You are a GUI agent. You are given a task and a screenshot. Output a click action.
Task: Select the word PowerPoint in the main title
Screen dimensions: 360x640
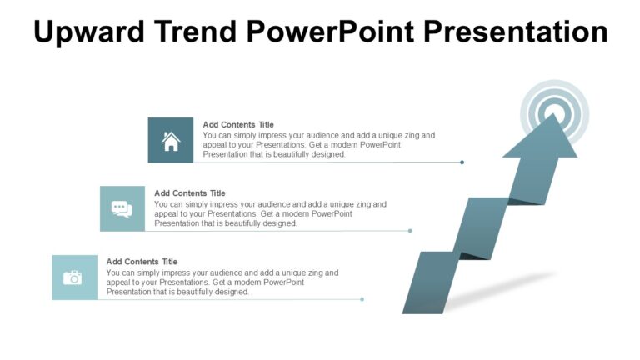coord(333,32)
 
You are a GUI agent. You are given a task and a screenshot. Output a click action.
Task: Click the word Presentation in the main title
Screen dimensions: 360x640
coord(516,32)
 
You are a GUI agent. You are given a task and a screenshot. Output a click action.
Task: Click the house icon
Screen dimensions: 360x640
coord(171,141)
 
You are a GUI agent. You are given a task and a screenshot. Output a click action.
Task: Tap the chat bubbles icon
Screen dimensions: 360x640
coord(122,209)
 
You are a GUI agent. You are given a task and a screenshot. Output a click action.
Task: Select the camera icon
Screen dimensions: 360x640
coord(74,277)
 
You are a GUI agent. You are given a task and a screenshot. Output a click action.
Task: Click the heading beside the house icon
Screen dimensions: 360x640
coord(238,125)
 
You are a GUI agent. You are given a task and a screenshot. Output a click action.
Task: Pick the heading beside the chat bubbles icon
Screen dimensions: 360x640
coord(190,193)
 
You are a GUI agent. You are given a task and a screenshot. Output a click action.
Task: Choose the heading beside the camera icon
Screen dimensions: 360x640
coord(142,262)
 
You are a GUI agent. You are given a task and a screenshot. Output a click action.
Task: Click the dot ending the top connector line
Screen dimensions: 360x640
coord(462,162)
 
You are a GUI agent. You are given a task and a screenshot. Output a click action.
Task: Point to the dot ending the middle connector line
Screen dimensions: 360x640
coord(410,231)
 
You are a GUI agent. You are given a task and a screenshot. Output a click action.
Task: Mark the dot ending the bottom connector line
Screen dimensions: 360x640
coord(362,299)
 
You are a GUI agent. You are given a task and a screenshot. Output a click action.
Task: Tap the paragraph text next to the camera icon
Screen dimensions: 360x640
coord(222,282)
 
